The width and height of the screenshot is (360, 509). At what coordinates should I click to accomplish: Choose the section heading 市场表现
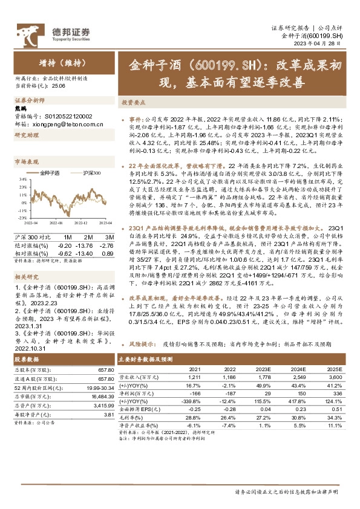coord(26,163)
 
